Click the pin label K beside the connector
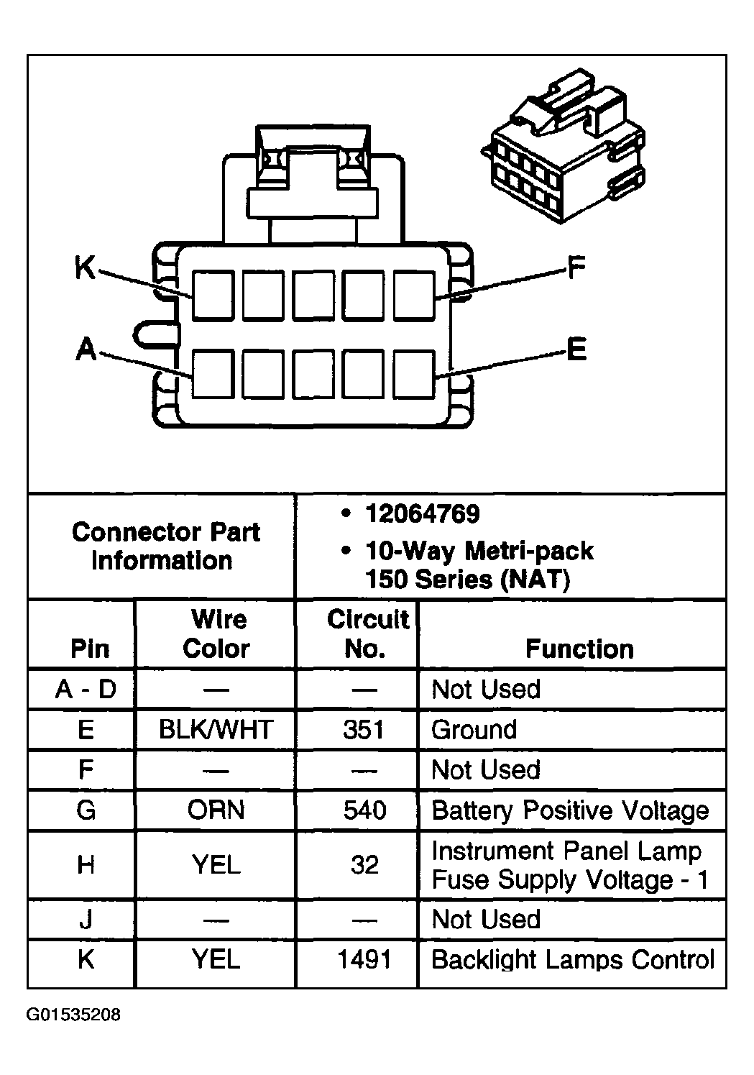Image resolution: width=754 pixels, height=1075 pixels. click(85, 267)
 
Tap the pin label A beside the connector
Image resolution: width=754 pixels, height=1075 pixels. click(86, 349)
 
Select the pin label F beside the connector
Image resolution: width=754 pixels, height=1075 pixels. click(576, 267)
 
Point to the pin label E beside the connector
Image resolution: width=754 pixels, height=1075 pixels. click(576, 349)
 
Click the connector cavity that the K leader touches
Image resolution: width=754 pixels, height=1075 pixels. click(213, 295)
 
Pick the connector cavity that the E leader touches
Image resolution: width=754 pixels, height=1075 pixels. click(413, 375)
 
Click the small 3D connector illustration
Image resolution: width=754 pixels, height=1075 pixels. click(563, 146)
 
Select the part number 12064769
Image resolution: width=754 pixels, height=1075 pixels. click(422, 513)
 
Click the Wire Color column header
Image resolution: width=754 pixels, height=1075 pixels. click(217, 634)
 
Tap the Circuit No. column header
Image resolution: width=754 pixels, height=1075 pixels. click(368, 634)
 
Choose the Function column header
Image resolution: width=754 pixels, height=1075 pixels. click(579, 649)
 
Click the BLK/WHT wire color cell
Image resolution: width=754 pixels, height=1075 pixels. click(216, 729)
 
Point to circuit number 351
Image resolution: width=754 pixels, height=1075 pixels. click(364, 729)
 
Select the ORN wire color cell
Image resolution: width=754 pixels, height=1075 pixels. click(216, 810)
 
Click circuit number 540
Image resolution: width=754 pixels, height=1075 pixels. click(364, 810)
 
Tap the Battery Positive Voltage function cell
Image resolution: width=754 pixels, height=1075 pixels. click(570, 811)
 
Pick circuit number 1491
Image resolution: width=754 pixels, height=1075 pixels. click(364, 959)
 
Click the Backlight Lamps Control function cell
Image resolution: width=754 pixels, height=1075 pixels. click(573, 959)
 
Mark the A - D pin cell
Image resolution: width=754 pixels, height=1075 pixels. click(86, 689)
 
